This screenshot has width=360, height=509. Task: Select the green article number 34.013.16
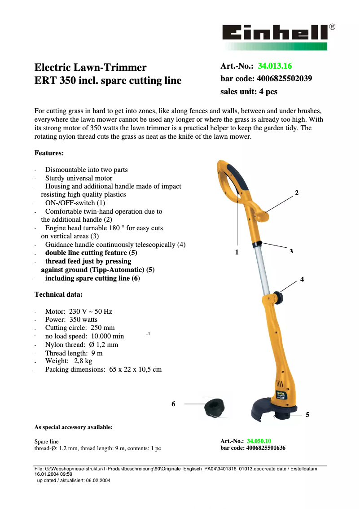click(275, 66)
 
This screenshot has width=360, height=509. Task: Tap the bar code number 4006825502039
click(284, 79)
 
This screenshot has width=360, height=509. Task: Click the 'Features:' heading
click(49, 153)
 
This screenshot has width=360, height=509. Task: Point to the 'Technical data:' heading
click(58, 294)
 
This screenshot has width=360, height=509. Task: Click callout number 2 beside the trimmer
click(296, 193)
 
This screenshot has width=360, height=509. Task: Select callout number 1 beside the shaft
click(237, 252)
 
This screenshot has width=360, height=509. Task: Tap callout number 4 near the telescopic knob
click(302, 279)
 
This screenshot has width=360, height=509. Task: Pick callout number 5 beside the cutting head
click(307, 415)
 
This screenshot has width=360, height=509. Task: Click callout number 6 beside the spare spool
click(173, 404)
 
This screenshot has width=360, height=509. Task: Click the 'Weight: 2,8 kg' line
click(69, 361)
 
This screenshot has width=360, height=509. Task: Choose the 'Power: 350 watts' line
click(71, 320)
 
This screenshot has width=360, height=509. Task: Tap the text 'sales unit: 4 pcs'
click(249, 92)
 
